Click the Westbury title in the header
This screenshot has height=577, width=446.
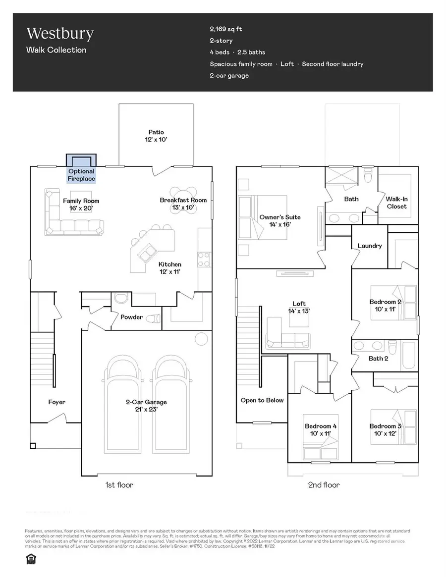click(60, 34)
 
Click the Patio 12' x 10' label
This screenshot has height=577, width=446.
click(156, 136)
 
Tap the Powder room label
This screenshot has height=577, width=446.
click(132, 317)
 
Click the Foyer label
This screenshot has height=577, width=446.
click(56, 402)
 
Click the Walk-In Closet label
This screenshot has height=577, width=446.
click(396, 203)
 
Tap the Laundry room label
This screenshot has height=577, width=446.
click(369, 246)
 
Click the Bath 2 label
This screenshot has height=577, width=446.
click(378, 358)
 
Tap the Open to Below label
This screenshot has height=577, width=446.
click(262, 400)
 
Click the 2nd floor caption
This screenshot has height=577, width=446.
click(324, 485)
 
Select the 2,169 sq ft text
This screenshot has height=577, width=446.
click(225, 29)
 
